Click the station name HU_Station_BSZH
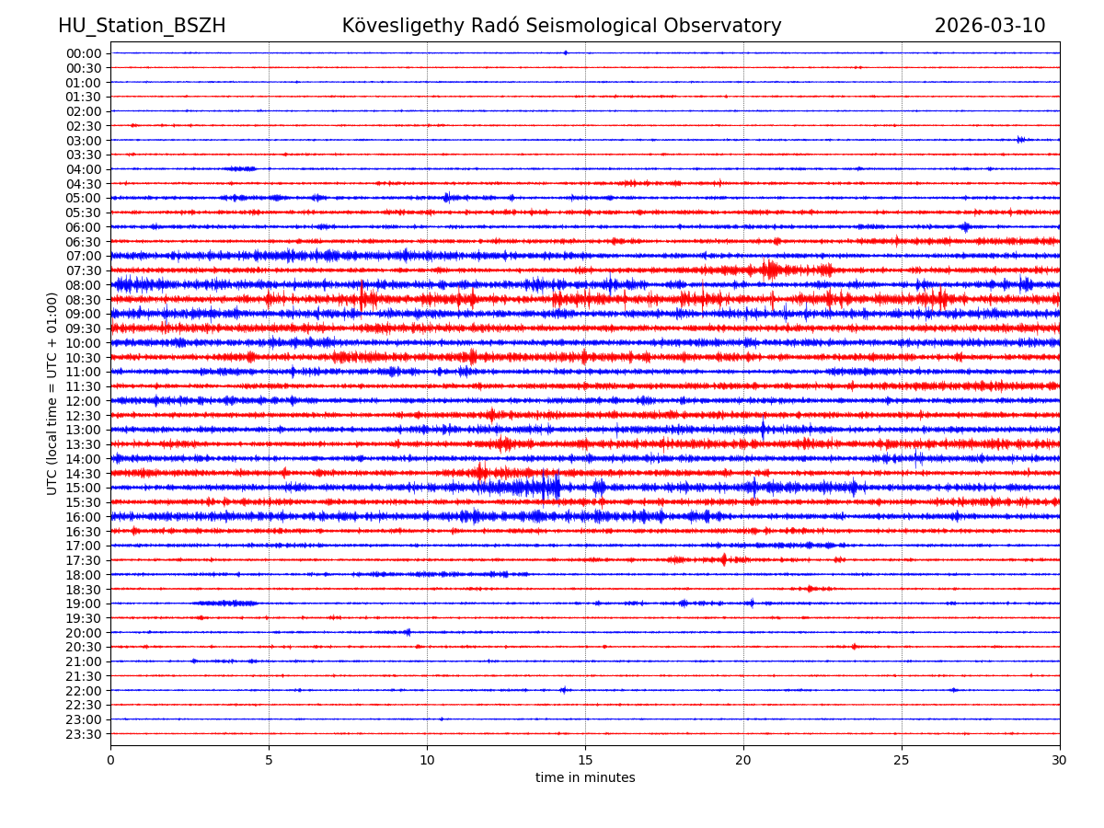142,26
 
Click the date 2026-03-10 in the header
990,26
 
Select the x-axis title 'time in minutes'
585,777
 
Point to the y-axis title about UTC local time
52,393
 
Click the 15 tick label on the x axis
585,760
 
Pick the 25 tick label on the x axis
902,760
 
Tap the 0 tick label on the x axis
110,760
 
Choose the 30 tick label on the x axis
1060,760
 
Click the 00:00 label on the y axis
84,53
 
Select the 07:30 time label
84,270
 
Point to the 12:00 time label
84,401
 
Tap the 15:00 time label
84,488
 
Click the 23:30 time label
84,734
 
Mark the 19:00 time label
84,604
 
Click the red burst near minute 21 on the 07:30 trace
771,270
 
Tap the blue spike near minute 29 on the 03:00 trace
1020,140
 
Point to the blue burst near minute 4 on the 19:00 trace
228,604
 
